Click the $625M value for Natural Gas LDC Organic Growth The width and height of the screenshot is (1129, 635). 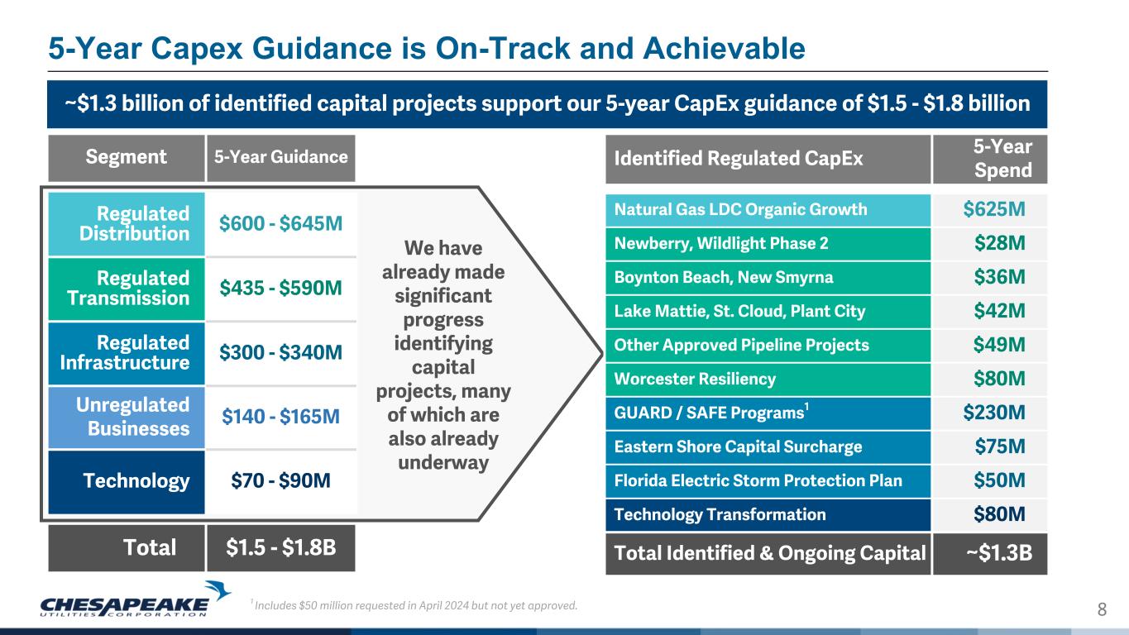[994, 209]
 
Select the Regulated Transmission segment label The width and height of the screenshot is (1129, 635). [128, 288]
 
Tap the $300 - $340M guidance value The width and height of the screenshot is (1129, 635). [280, 352]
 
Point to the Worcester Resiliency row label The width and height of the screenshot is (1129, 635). [695, 379]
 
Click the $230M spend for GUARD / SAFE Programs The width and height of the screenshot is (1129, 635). [994, 413]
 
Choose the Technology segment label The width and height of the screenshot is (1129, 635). [136, 480]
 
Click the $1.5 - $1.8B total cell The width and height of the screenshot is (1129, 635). [280, 547]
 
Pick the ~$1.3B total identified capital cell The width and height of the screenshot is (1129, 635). [999, 553]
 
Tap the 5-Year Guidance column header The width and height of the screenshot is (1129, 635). [280, 157]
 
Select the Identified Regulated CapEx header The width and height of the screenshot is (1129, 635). [739, 159]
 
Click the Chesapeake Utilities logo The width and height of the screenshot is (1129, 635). [135, 599]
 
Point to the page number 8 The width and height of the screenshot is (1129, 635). [1102, 609]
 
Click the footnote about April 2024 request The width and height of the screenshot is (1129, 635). [414, 605]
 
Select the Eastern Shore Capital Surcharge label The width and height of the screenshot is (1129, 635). [738, 447]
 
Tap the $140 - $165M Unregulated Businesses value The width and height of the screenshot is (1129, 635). [280, 417]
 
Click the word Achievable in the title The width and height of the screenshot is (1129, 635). [724, 49]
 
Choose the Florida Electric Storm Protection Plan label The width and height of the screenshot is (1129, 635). [758, 480]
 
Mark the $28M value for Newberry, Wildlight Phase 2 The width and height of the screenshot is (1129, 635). [999, 243]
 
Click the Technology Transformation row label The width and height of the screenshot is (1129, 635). [720, 514]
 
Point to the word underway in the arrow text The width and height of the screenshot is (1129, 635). [443, 463]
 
